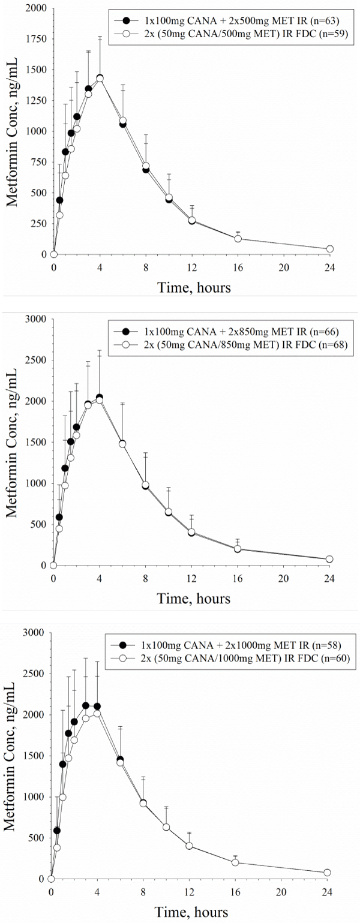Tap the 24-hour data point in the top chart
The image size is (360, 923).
pyautogui.click(x=330, y=249)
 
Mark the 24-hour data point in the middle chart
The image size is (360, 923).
pyautogui.click(x=329, y=559)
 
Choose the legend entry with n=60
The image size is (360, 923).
pyautogui.click(x=239, y=657)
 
